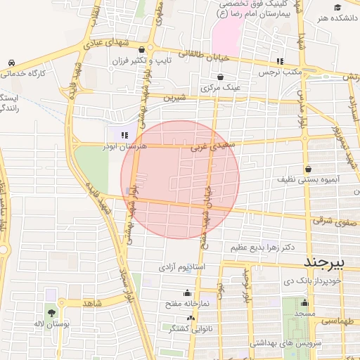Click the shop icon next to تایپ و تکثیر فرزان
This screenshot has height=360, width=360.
point(143,49)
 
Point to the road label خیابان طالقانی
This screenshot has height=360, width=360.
point(201,55)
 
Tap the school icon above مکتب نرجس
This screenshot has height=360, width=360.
point(280,61)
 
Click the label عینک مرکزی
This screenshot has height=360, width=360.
point(221,88)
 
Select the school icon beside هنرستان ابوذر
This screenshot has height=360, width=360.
point(124,134)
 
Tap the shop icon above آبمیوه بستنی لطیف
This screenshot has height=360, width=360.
point(309,169)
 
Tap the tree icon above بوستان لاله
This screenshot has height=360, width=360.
point(51,311)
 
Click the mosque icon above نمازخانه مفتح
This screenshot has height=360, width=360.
point(187,293)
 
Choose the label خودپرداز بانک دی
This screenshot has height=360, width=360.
point(311,281)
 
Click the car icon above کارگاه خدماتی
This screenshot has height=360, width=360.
point(11,63)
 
